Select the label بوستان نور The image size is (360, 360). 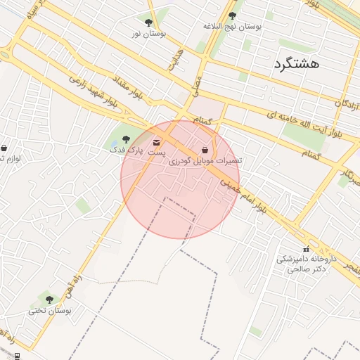[x=149, y=33]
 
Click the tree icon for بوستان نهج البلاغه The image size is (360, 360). [x=233, y=15]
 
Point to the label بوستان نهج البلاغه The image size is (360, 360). [x=233, y=26]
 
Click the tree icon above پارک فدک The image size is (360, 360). [x=127, y=139]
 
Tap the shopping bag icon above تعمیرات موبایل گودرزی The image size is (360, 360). [x=205, y=150]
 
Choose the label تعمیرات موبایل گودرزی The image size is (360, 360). [x=204, y=161]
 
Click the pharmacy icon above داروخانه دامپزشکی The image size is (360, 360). [x=305, y=249]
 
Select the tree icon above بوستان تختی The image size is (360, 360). [x=49, y=300]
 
